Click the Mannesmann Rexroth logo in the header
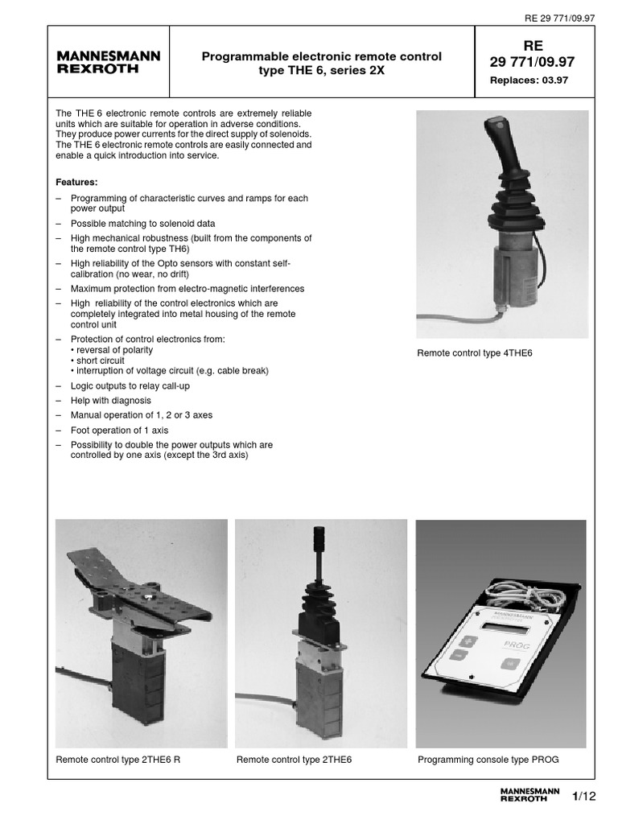coord(109,62)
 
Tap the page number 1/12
coord(584,797)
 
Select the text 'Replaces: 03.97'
coord(529,80)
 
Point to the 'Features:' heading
coord(76,182)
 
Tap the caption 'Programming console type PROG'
coord(488,759)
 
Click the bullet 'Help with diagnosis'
coord(110,400)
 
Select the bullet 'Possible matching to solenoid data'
coord(142,223)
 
